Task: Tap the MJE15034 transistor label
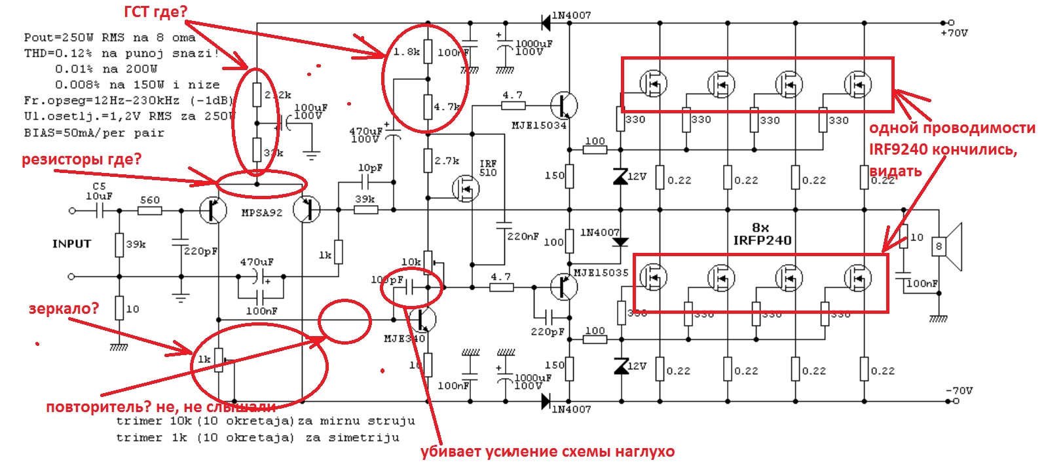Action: tap(538, 125)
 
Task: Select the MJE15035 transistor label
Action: tap(601, 273)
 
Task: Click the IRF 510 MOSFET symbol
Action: tap(466, 189)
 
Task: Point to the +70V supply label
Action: tap(954, 33)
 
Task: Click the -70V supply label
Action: tap(959, 390)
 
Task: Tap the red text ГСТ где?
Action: tap(156, 11)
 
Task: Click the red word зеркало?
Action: tap(63, 308)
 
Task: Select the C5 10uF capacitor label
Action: tap(99, 191)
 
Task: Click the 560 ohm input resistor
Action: tap(150, 210)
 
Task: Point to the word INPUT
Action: tap(71, 244)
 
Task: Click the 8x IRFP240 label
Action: tap(762, 234)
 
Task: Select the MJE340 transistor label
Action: tap(404, 339)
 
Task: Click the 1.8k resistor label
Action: tap(406, 52)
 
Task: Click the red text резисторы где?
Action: tap(81, 159)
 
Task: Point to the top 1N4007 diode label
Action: tap(571, 15)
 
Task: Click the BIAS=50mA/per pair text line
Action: tap(94, 132)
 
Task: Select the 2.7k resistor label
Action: tap(447, 161)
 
